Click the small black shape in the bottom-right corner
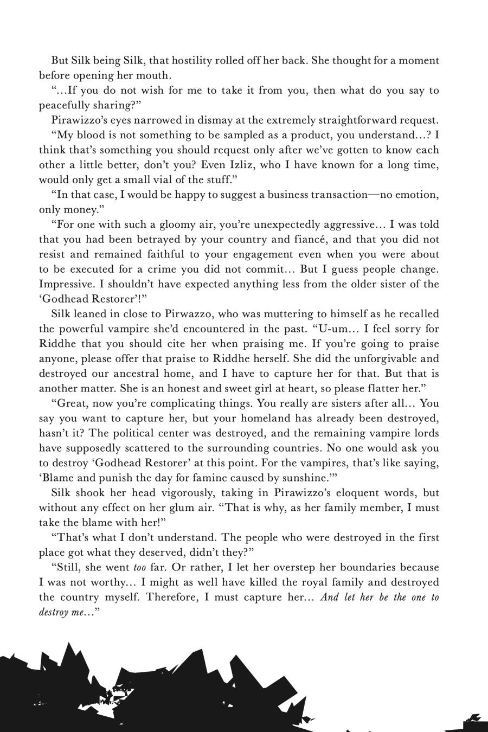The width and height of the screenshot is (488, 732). click(473, 718)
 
